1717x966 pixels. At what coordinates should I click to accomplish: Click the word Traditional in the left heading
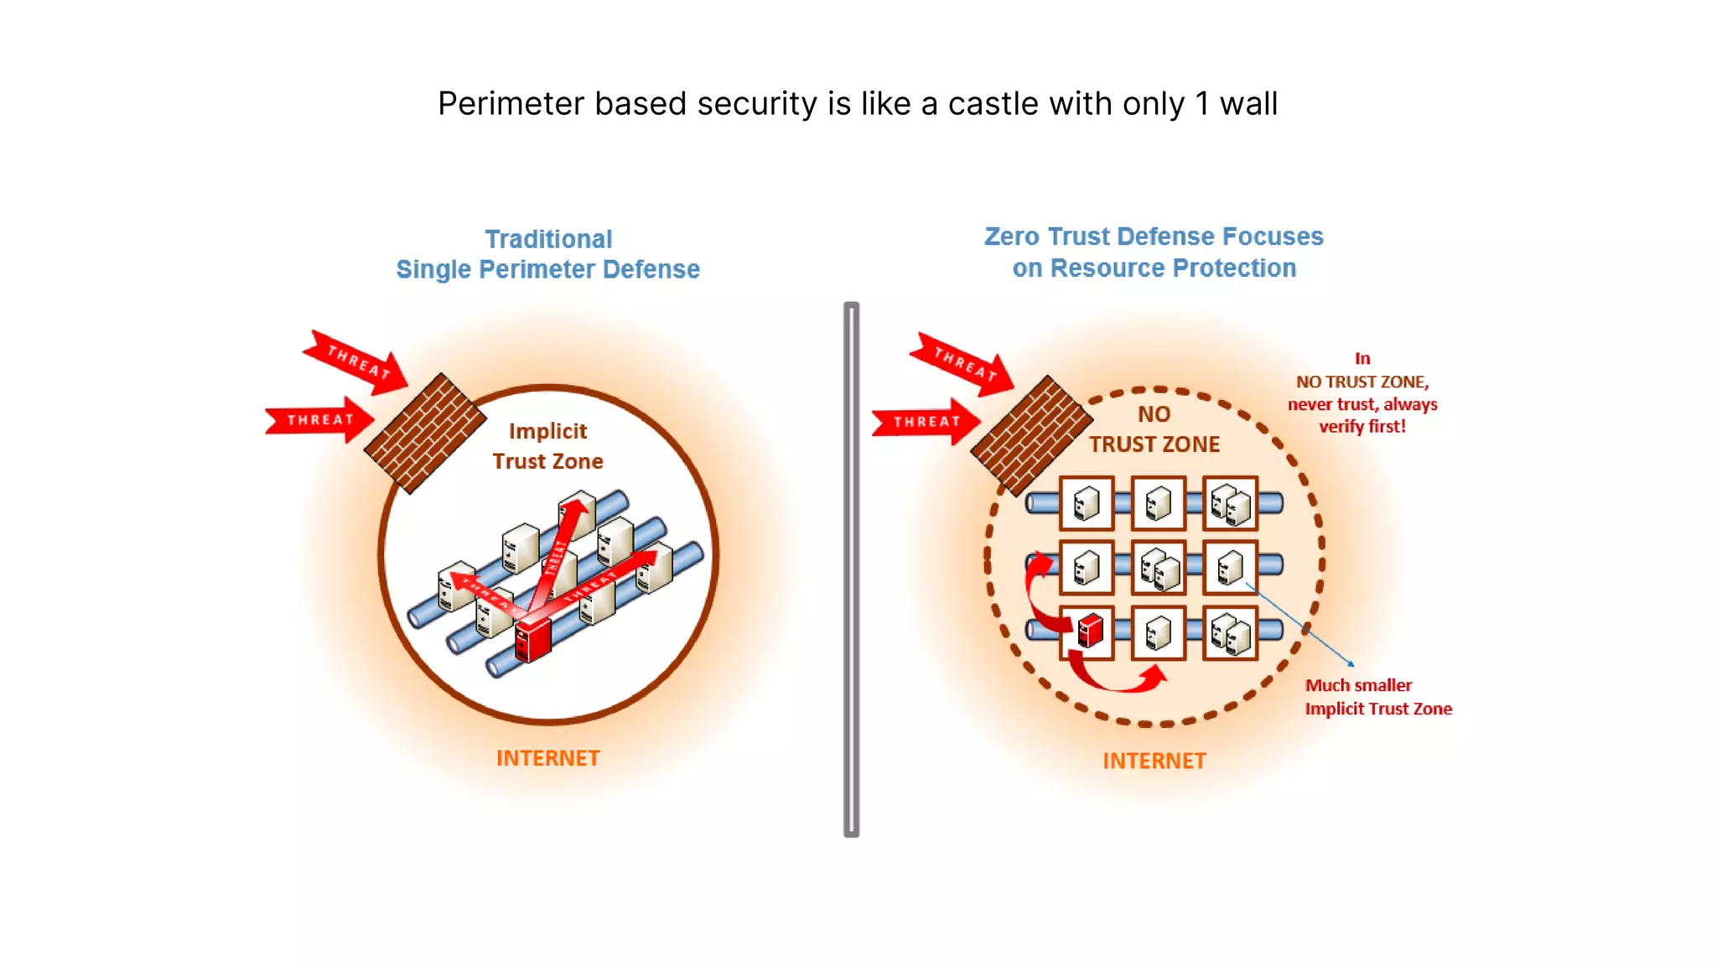[548, 239]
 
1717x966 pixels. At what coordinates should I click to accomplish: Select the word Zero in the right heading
[1011, 236]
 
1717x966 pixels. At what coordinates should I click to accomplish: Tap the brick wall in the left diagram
[425, 434]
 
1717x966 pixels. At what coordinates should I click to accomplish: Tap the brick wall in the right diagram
[1031, 435]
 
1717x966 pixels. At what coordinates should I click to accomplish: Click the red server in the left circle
[533, 641]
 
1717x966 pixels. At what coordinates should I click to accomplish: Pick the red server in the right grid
[1089, 631]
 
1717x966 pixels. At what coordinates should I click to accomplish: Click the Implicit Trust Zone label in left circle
[547, 446]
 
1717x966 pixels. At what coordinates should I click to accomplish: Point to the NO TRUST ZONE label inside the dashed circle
[1154, 429]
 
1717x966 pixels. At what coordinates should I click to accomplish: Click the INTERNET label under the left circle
[547, 758]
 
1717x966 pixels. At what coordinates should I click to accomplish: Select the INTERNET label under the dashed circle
[1154, 761]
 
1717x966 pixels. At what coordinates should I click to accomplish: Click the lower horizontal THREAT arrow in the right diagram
[926, 422]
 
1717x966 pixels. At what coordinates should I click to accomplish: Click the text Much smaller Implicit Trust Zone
[1377, 697]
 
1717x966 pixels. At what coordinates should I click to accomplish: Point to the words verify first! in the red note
[1362, 427]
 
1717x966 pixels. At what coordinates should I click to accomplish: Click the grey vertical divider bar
[851, 570]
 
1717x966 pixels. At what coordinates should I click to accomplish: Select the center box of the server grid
[1159, 568]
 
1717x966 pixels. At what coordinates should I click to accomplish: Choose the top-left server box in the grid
[1087, 503]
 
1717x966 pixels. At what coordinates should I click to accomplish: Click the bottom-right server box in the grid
[1230, 633]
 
